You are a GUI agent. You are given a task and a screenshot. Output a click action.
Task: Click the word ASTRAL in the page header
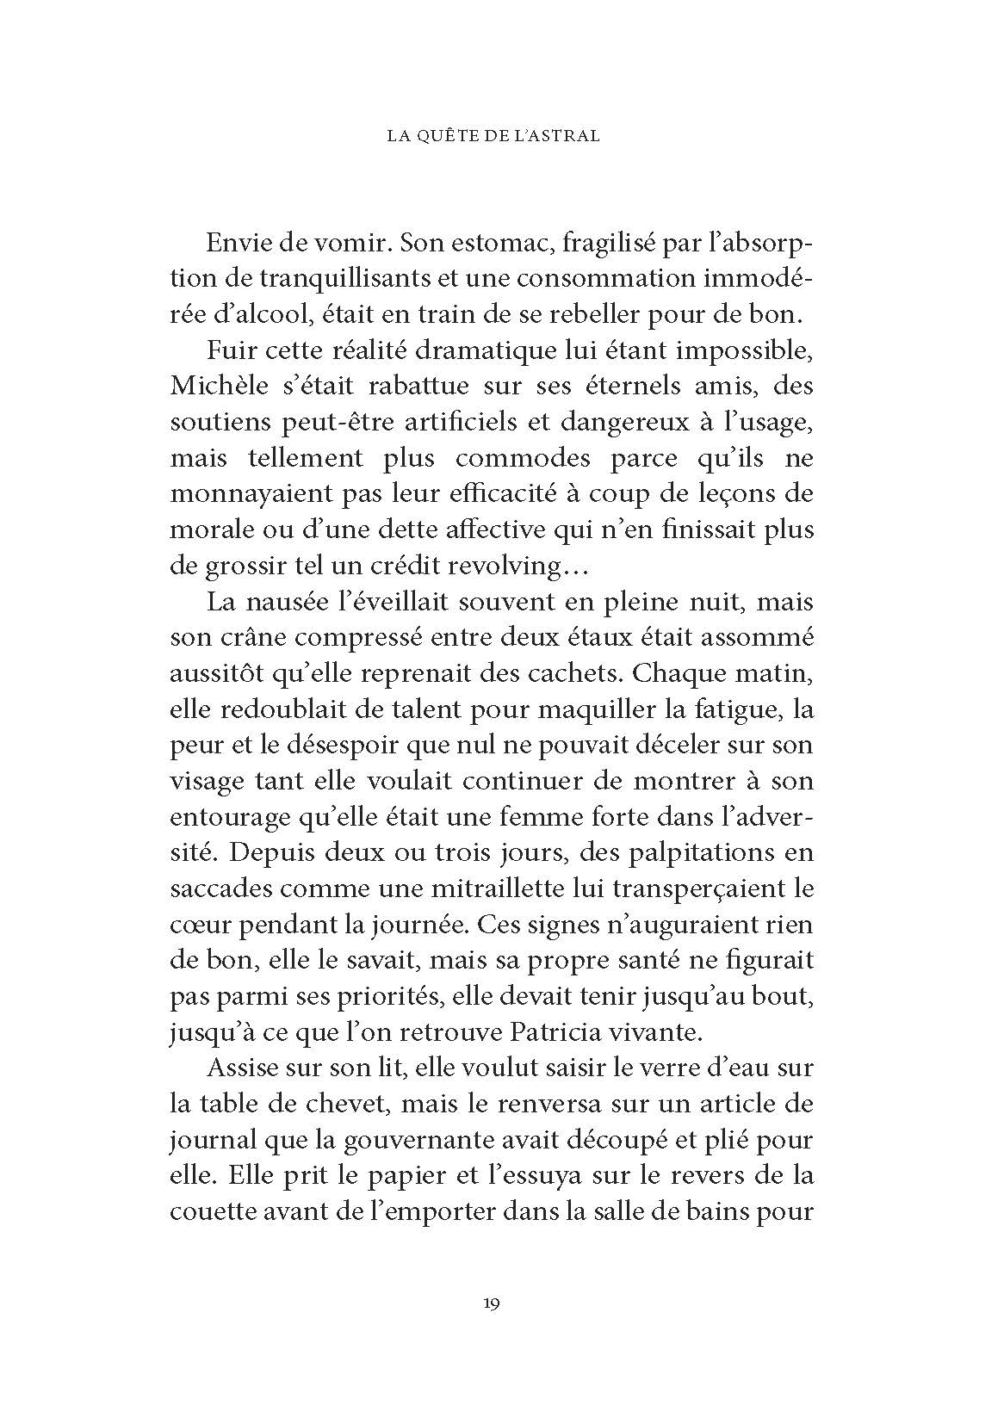(566, 137)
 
